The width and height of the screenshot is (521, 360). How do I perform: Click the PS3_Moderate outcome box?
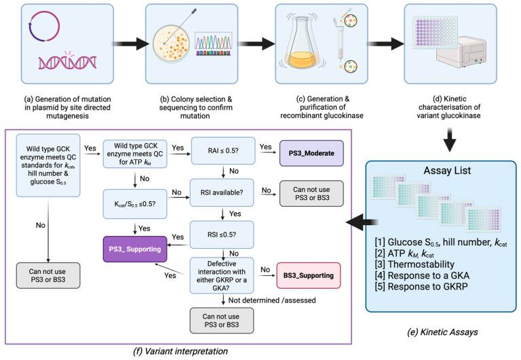click(311, 153)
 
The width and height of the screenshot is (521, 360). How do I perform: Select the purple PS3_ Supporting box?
click(135, 249)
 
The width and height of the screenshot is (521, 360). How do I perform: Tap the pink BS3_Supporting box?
click(309, 275)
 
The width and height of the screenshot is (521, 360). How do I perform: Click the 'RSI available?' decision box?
click(222, 193)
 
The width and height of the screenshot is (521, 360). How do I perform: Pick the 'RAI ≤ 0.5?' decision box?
click(223, 151)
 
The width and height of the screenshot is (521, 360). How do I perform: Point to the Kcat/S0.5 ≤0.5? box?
click(135, 204)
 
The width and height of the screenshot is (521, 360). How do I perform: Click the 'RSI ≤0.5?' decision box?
click(222, 235)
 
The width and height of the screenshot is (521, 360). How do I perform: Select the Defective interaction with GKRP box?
click(222, 276)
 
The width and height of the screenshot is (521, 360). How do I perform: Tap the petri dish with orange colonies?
click(171, 43)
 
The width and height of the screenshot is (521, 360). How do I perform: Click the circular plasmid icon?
click(44, 26)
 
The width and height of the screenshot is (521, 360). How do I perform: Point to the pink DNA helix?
click(67, 61)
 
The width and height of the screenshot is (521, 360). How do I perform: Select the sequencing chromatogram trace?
click(213, 44)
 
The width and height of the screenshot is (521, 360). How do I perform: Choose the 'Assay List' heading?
click(447, 170)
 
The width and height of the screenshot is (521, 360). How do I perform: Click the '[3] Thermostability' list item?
click(414, 264)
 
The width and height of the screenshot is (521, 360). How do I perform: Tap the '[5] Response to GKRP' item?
click(421, 286)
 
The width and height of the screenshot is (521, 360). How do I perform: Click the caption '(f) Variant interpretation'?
click(180, 351)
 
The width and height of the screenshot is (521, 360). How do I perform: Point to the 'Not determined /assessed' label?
click(272, 300)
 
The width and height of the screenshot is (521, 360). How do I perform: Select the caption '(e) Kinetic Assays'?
click(442, 332)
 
